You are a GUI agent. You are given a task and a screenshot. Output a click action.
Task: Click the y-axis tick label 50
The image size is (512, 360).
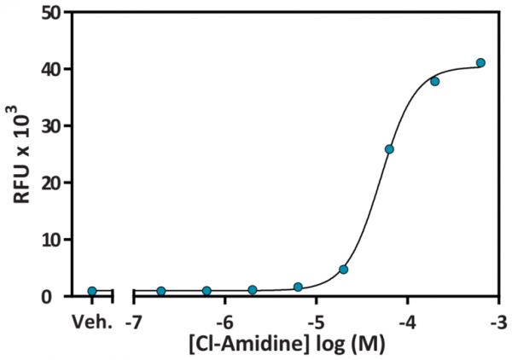tap(53, 13)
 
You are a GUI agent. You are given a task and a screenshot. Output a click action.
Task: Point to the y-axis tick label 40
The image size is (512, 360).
tap(53, 69)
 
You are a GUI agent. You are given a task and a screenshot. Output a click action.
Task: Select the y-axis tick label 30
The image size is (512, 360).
tap(53, 126)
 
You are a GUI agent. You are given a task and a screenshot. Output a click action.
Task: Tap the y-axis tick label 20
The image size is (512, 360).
tap(53, 183)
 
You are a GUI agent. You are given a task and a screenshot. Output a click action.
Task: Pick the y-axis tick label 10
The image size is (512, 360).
tap(53, 240)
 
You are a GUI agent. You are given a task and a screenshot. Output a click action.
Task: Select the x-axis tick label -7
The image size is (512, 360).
tap(132, 322)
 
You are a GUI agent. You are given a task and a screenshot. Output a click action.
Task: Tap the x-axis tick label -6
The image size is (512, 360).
tap(224, 322)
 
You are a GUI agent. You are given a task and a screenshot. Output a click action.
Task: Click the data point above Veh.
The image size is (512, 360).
tap(92, 292)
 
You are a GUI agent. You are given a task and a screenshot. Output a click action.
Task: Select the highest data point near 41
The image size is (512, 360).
tap(480, 62)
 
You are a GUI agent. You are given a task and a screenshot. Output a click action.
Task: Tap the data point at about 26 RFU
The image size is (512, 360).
tap(389, 149)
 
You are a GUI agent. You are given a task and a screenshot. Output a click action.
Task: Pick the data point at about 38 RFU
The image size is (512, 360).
tap(435, 81)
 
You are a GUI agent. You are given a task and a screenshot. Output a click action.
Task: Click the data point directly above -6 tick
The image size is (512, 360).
tap(207, 291)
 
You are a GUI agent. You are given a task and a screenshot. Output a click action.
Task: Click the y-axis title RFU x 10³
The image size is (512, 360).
tap(20, 154)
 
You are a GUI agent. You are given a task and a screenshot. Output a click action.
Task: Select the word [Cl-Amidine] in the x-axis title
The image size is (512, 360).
tap(238, 345)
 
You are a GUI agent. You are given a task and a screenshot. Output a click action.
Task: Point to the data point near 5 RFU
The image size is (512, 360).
tap(343, 270)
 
